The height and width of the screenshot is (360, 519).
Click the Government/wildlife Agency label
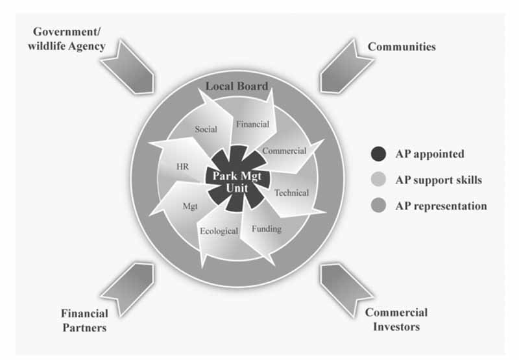[x=68, y=38]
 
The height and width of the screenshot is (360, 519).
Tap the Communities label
[x=402, y=47]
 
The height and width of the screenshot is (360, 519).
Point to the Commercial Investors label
[x=396, y=319]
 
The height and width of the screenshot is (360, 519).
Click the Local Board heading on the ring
[x=237, y=86]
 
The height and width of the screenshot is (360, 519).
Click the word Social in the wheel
[x=206, y=129]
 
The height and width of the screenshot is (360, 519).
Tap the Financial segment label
[x=252, y=124]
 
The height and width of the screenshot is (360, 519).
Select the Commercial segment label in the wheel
[x=284, y=150]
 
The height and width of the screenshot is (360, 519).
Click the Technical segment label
[x=291, y=193]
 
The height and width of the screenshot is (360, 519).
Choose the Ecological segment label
[x=219, y=232]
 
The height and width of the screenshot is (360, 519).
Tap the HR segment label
[x=182, y=166]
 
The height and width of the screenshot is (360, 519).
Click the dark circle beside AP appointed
[x=378, y=154]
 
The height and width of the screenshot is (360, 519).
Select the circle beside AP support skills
[x=378, y=180]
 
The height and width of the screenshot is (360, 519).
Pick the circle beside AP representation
[x=378, y=206]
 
